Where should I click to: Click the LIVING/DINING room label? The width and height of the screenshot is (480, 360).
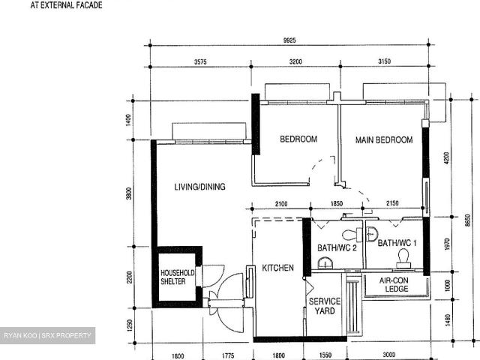[200, 187]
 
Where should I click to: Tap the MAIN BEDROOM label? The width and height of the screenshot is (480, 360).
[384, 140]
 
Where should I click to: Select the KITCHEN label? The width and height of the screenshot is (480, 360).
[277, 268]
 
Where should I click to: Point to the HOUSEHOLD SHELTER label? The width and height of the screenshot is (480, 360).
[177, 277]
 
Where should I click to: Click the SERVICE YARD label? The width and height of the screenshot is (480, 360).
[325, 306]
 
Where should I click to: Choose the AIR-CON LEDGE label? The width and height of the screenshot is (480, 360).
[394, 285]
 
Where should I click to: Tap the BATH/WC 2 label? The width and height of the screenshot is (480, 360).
[337, 247]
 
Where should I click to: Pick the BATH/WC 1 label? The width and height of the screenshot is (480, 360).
[397, 243]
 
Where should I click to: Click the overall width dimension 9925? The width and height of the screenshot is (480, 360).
[289, 40]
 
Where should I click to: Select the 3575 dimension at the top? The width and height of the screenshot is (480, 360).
[200, 61]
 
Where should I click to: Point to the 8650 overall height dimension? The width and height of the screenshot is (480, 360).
[467, 220]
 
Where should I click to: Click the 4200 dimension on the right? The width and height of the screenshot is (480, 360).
[446, 158]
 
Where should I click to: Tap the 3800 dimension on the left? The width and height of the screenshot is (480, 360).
[128, 193]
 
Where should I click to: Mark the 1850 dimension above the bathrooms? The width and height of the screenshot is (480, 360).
[337, 203]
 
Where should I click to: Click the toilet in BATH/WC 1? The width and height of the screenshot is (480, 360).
[403, 259]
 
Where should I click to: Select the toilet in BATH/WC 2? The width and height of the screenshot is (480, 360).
[352, 235]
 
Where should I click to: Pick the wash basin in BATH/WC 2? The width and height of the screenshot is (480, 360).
[325, 263]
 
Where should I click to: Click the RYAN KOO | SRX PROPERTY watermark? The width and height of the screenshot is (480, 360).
[47, 335]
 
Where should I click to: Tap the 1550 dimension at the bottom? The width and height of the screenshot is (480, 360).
[325, 355]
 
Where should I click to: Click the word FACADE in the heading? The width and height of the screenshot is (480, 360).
[87, 5]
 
